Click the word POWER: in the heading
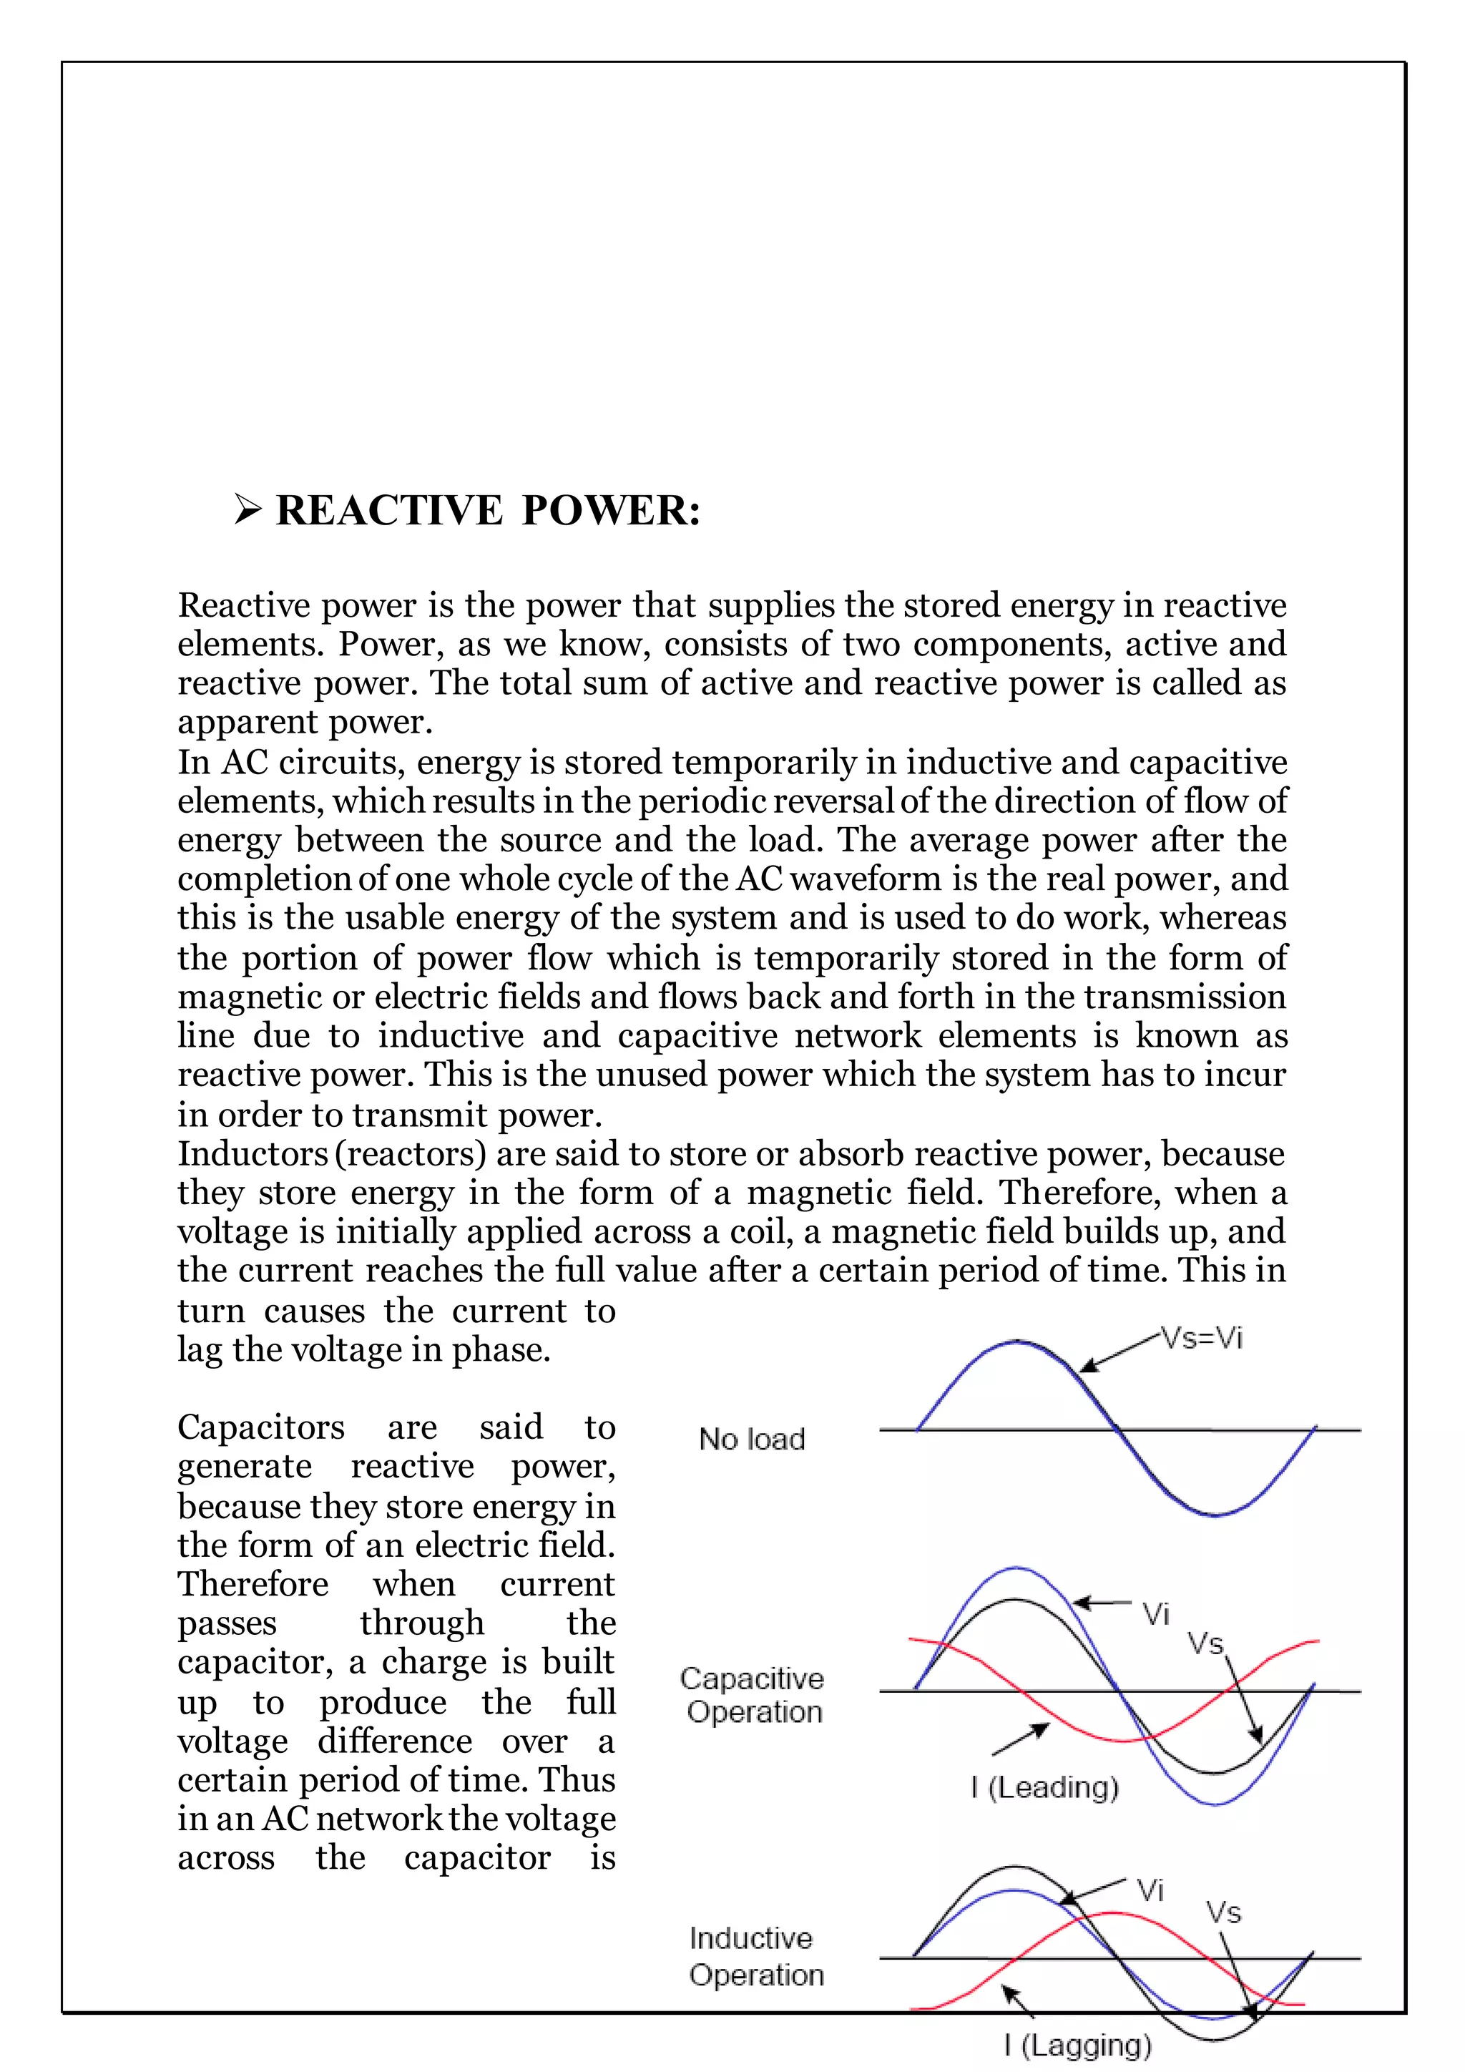pos(611,511)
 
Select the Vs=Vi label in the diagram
pos(1202,1337)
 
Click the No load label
pos(751,1440)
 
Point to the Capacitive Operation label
pos(753,1695)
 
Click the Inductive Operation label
pos(756,1957)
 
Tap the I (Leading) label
pos(1044,1787)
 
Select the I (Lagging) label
pos(1077,2045)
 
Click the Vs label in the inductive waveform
pos(1223,1912)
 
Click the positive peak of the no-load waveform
pos(1016,1343)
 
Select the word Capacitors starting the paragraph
pos(260,1427)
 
